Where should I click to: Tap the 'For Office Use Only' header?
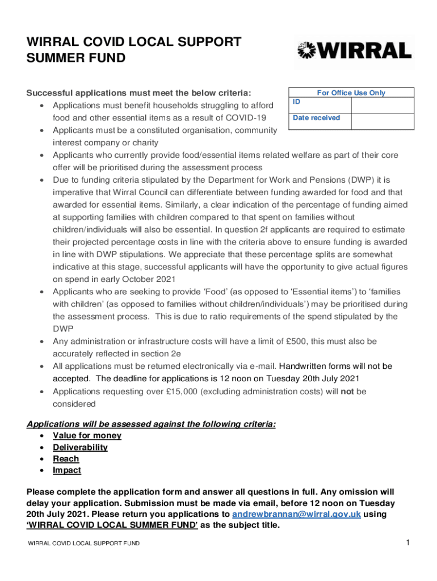351,93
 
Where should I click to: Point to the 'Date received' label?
316,118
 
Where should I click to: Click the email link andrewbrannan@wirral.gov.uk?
297,514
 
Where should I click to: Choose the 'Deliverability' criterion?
80,448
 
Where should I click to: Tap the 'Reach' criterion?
66,459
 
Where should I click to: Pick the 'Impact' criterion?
67,470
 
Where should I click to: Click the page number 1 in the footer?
407,544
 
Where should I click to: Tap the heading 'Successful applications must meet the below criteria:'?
139,93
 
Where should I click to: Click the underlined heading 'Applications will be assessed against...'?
152,424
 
